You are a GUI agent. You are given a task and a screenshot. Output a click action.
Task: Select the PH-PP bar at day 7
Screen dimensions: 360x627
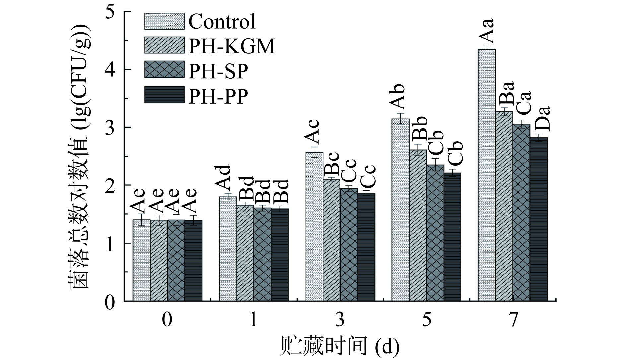[538, 219]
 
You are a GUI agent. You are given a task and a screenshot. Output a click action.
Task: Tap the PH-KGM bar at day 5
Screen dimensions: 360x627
[418, 226]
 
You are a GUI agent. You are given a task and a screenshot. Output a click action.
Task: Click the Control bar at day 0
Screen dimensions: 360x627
[142, 260]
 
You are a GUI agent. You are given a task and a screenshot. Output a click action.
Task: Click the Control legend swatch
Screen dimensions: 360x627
[164, 21]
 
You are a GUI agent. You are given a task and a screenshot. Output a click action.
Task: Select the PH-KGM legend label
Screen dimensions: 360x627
[232, 46]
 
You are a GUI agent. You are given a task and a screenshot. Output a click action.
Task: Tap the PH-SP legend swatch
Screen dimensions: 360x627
[164, 70]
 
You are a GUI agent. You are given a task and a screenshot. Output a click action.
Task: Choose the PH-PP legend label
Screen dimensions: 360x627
[218, 96]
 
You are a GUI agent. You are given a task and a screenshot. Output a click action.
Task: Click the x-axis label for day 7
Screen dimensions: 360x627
[513, 320]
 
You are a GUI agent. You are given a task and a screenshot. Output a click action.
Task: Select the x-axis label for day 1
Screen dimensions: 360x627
[254, 320]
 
